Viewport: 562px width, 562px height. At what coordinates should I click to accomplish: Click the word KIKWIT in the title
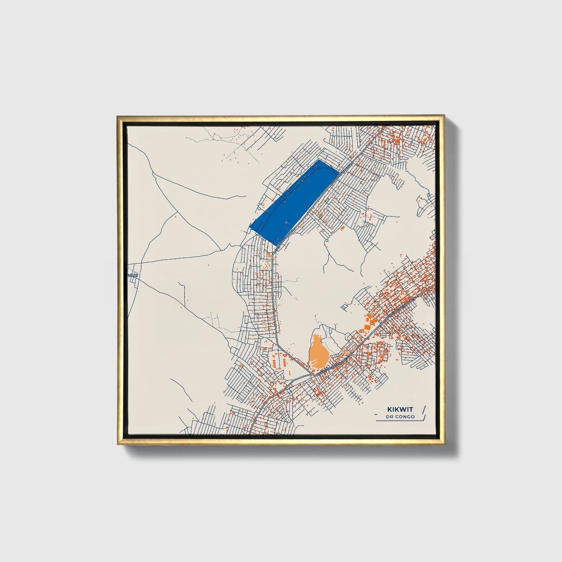400,409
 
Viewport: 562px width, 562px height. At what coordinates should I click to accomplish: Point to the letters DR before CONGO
390,417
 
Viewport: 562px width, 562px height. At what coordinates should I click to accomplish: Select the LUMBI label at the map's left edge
133,275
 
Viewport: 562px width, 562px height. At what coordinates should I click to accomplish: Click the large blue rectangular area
294,200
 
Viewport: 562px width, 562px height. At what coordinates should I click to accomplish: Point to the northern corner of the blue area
319,159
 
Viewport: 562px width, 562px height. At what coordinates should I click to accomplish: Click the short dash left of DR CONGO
380,417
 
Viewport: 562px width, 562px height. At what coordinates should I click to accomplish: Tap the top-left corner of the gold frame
117,116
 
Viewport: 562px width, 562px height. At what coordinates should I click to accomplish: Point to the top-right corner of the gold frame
444,116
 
